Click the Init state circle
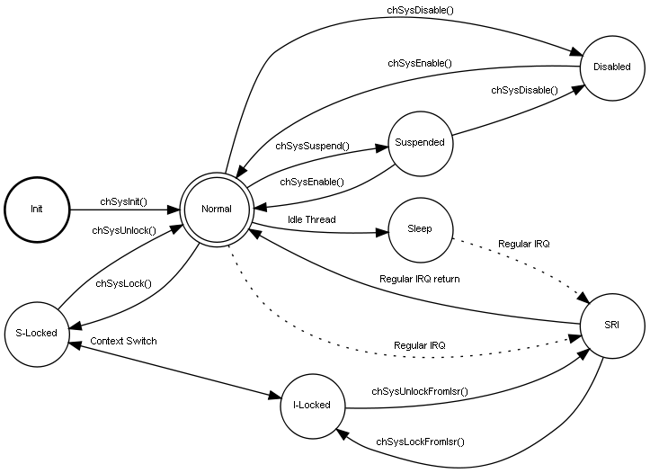coord(37,209)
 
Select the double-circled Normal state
coord(216,209)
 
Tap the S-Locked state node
coord(37,333)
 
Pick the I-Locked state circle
coord(312,405)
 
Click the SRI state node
coord(612,324)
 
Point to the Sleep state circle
coord(420,228)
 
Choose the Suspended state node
coord(420,142)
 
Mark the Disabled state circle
coord(612,66)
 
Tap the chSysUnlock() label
coord(124,230)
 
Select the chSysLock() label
coord(123,284)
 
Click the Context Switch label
coord(123,341)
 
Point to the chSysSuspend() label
coord(312,146)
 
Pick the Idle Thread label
coord(311,219)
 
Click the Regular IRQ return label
coord(419,279)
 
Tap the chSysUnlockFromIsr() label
coord(420,392)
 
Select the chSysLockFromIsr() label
coord(420,442)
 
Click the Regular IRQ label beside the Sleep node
coord(524,244)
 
